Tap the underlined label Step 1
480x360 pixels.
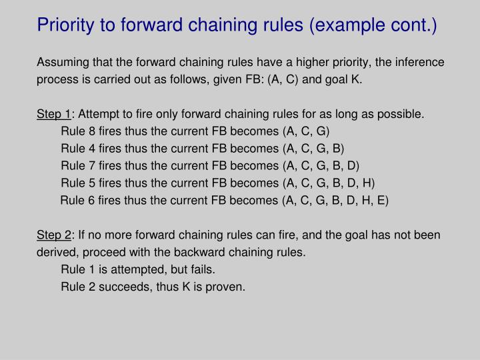(54, 114)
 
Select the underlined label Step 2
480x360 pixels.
(54, 235)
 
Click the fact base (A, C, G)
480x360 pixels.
(306, 131)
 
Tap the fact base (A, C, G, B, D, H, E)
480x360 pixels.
(335, 200)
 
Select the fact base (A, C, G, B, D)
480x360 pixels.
(321, 165)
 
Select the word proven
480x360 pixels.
(226, 287)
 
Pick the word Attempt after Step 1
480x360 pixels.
(98, 114)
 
